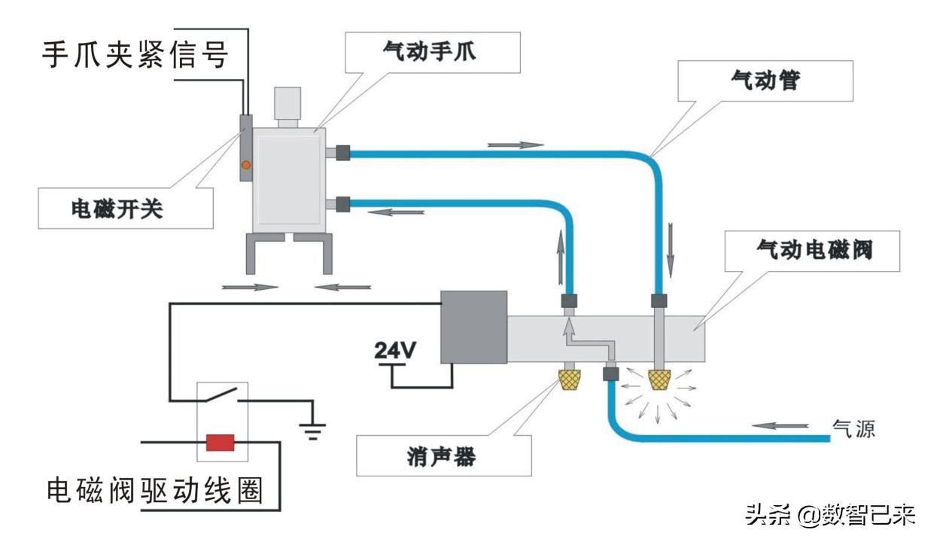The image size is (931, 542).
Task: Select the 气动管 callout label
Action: pyautogui.click(x=765, y=81)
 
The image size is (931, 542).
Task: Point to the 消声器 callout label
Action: pyautogui.click(x=443, y=455)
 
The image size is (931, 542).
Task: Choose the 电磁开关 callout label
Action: pyautogui.click(x=126, y=209)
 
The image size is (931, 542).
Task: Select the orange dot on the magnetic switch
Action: pyautogui.click(x=245, y=164)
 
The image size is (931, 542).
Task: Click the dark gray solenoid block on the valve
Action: pyautogui.click(x=473, y=326)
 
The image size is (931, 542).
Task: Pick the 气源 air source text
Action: pyautogui.click(x=853, y=429)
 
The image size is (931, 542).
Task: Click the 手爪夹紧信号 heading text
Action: pyautogui.click(x=134, y=55)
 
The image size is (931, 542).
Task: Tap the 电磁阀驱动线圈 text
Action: pyautogui.click(x=155, y=491)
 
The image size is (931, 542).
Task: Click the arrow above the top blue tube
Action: pyautogui.click(x=516, y=144)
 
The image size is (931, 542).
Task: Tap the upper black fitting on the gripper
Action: pyautogui.click(x=343, y=154)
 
